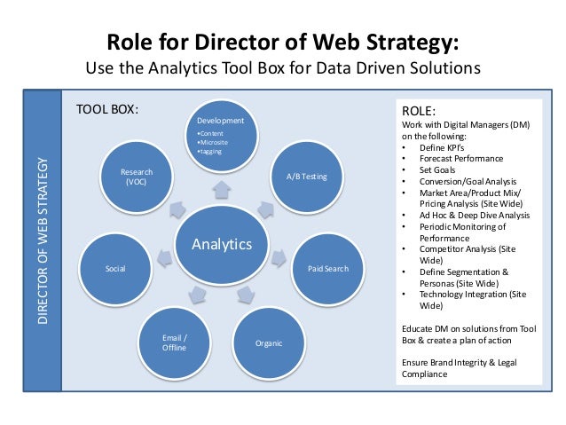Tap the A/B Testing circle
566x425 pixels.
306,176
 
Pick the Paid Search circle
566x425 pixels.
327,267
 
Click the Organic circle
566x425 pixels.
268,341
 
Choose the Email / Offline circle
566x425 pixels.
174,342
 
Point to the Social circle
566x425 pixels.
114,267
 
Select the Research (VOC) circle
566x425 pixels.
136,176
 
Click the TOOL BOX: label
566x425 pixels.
106,110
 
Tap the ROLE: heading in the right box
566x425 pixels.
420,112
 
